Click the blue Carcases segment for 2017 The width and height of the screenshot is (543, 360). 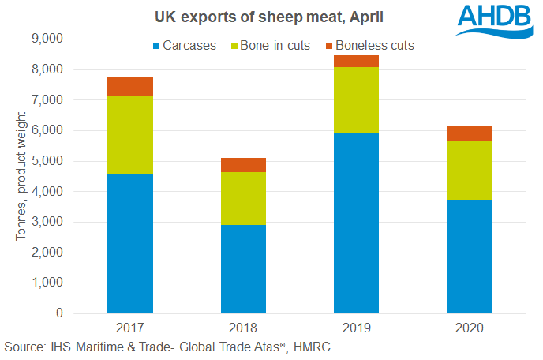[x=130, y=244]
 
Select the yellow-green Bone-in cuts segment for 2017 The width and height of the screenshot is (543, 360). [x=130, y=135]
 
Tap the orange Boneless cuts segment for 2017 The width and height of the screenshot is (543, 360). [x=130, y=86]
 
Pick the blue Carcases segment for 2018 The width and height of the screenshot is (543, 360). [x=243, y=269]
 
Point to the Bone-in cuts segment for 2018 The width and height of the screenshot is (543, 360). [x=243, y=198]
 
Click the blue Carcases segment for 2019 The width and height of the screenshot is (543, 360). [x=356, y=223]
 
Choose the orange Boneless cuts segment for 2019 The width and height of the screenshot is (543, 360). [x=356, y=62]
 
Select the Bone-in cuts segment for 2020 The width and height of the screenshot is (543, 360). [x=469, y=170]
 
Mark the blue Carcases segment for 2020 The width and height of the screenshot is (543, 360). [x=469, y=257]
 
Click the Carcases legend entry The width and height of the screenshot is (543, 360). [x=186, y=46]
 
